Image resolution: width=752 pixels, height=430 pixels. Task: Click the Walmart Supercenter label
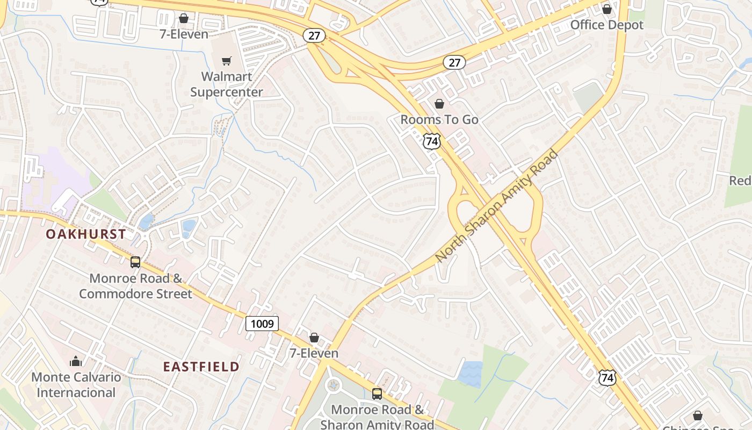point(227,84)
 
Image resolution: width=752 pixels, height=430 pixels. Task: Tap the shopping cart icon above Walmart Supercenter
point(227,61)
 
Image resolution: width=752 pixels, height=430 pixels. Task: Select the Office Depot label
point(606,25)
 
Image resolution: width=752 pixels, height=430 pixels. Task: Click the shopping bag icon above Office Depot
point(606,9)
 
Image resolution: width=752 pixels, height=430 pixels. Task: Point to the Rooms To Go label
point(439,119)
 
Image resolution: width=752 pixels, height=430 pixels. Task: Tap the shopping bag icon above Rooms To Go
point(439,103)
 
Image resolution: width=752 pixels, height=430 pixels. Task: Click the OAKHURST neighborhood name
point(86,234)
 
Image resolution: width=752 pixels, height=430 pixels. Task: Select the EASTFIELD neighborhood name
point(201,367)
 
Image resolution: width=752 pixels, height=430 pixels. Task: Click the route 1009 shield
point(262,324)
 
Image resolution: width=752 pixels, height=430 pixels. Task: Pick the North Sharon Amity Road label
point(496,206)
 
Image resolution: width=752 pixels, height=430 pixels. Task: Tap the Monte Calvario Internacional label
point(76,385)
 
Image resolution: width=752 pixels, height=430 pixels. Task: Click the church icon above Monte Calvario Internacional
point(76,361)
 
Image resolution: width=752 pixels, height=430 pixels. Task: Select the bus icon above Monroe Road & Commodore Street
point(135,262)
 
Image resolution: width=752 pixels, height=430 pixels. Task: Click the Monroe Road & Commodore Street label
point(135,286)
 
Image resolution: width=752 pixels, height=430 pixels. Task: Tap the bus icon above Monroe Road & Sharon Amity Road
point(377,393)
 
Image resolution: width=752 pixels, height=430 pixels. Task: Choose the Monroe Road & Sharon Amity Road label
point(377,417)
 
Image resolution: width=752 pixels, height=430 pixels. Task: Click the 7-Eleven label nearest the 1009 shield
point(314,353)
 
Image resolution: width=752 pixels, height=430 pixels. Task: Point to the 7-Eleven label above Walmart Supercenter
point(184,34)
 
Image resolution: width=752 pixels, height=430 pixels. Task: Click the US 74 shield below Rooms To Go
point(431,141)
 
